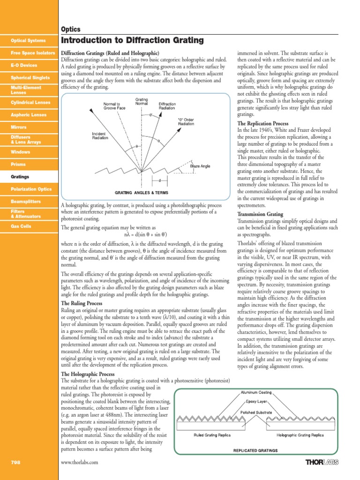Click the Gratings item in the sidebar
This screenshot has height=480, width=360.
point(20,177)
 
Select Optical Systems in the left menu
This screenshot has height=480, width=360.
point(29,41)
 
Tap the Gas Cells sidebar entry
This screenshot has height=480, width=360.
point(22,226)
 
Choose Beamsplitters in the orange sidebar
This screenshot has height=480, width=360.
point(26,201)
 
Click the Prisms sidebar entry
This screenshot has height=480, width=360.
point(18,165)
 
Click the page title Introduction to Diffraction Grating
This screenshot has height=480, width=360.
point(133,41)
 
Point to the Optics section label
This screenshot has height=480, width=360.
point(71,29)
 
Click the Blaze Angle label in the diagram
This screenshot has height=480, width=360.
point(200,165)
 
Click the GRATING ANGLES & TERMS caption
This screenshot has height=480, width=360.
point(142,193)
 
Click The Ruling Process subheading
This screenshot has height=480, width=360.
point(82,304)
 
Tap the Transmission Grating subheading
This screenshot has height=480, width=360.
point(260,214)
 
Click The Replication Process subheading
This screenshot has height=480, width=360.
point(265,123)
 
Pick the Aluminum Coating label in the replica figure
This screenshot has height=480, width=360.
point(256,392)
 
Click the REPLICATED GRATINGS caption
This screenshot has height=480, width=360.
point(255,450)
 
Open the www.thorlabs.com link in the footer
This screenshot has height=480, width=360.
point(80,462)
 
